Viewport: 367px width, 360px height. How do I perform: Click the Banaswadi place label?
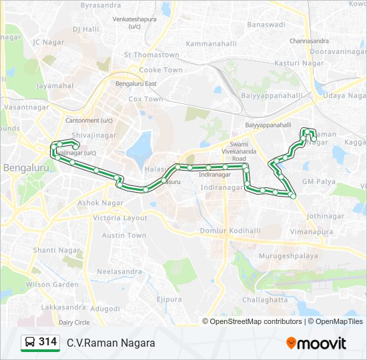click(x=266, y=25)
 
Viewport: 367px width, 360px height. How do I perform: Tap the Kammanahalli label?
click(x=211, y=43)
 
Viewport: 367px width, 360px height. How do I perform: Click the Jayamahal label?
click(x=55, y=85)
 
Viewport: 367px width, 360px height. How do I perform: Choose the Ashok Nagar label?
click(x=101, y=203)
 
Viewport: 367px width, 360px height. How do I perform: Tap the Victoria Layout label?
click(x=120, y=218)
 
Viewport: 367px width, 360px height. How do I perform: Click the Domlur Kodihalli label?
click(x=231, y=230)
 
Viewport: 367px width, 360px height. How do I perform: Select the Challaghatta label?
click(x=265, y=300)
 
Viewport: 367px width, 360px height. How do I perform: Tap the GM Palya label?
click(x=319, y=181)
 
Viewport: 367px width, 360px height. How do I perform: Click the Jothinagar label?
click(x=326, y=216)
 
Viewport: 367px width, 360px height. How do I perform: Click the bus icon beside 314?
click(x=29, y=343)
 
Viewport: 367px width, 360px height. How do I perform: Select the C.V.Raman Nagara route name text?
click(x=111, y=343)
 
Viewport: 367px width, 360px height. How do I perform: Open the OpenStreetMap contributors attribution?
click(x=256, y=321)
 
